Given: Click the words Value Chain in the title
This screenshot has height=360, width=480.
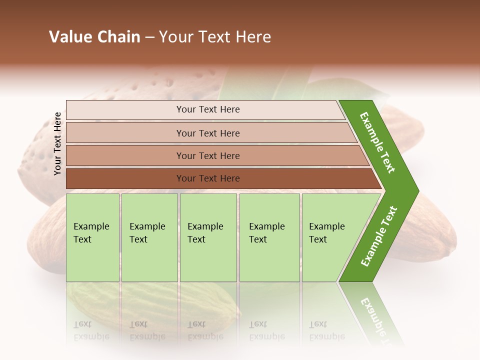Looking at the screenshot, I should click(x=94, y=37).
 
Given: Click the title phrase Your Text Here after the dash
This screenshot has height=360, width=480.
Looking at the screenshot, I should click(x=215, y=37).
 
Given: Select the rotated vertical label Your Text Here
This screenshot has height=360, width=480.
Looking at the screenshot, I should click(x=57, y=143).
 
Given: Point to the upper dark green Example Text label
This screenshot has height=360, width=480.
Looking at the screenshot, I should click(x=377, y=143).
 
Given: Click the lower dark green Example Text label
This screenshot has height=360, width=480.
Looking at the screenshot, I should click(x=379, y=236).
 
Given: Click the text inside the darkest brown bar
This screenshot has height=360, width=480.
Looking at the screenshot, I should click(x=208, y=178).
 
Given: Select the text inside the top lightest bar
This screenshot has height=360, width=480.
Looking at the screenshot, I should click(x=208, y=109).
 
